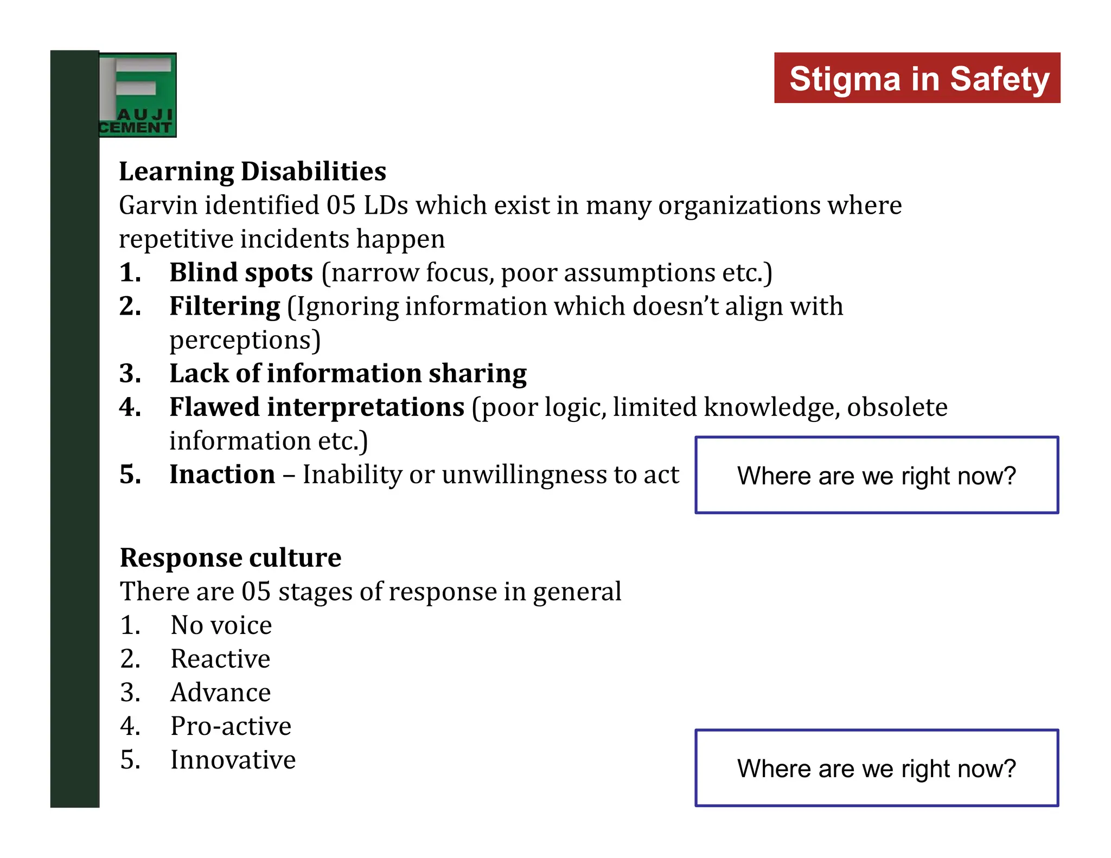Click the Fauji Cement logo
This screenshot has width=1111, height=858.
[138, 95]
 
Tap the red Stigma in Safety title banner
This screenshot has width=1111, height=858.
[917, 78]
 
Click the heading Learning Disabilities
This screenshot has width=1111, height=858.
[252, 171]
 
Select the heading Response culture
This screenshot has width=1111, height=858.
[231, 558]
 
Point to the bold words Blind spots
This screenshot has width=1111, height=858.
[241, 272]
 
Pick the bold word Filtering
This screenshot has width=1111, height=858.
[225, 306]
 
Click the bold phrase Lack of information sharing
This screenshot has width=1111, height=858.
[348, 373]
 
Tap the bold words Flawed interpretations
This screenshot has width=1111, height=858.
[317, 407]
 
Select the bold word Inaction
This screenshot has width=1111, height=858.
[222, 475]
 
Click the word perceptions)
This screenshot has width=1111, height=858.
[245, 340]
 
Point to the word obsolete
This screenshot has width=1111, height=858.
[897, 407]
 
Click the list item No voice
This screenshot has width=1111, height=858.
[221, 625]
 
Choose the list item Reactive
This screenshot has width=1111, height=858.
[220, 659]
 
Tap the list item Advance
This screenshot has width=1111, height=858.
[220, 693]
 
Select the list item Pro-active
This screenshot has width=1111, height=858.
[231, 726]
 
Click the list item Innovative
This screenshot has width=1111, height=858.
[233, 760]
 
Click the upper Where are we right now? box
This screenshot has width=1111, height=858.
[876, 475]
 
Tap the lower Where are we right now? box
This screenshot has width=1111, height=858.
[876, 768]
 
